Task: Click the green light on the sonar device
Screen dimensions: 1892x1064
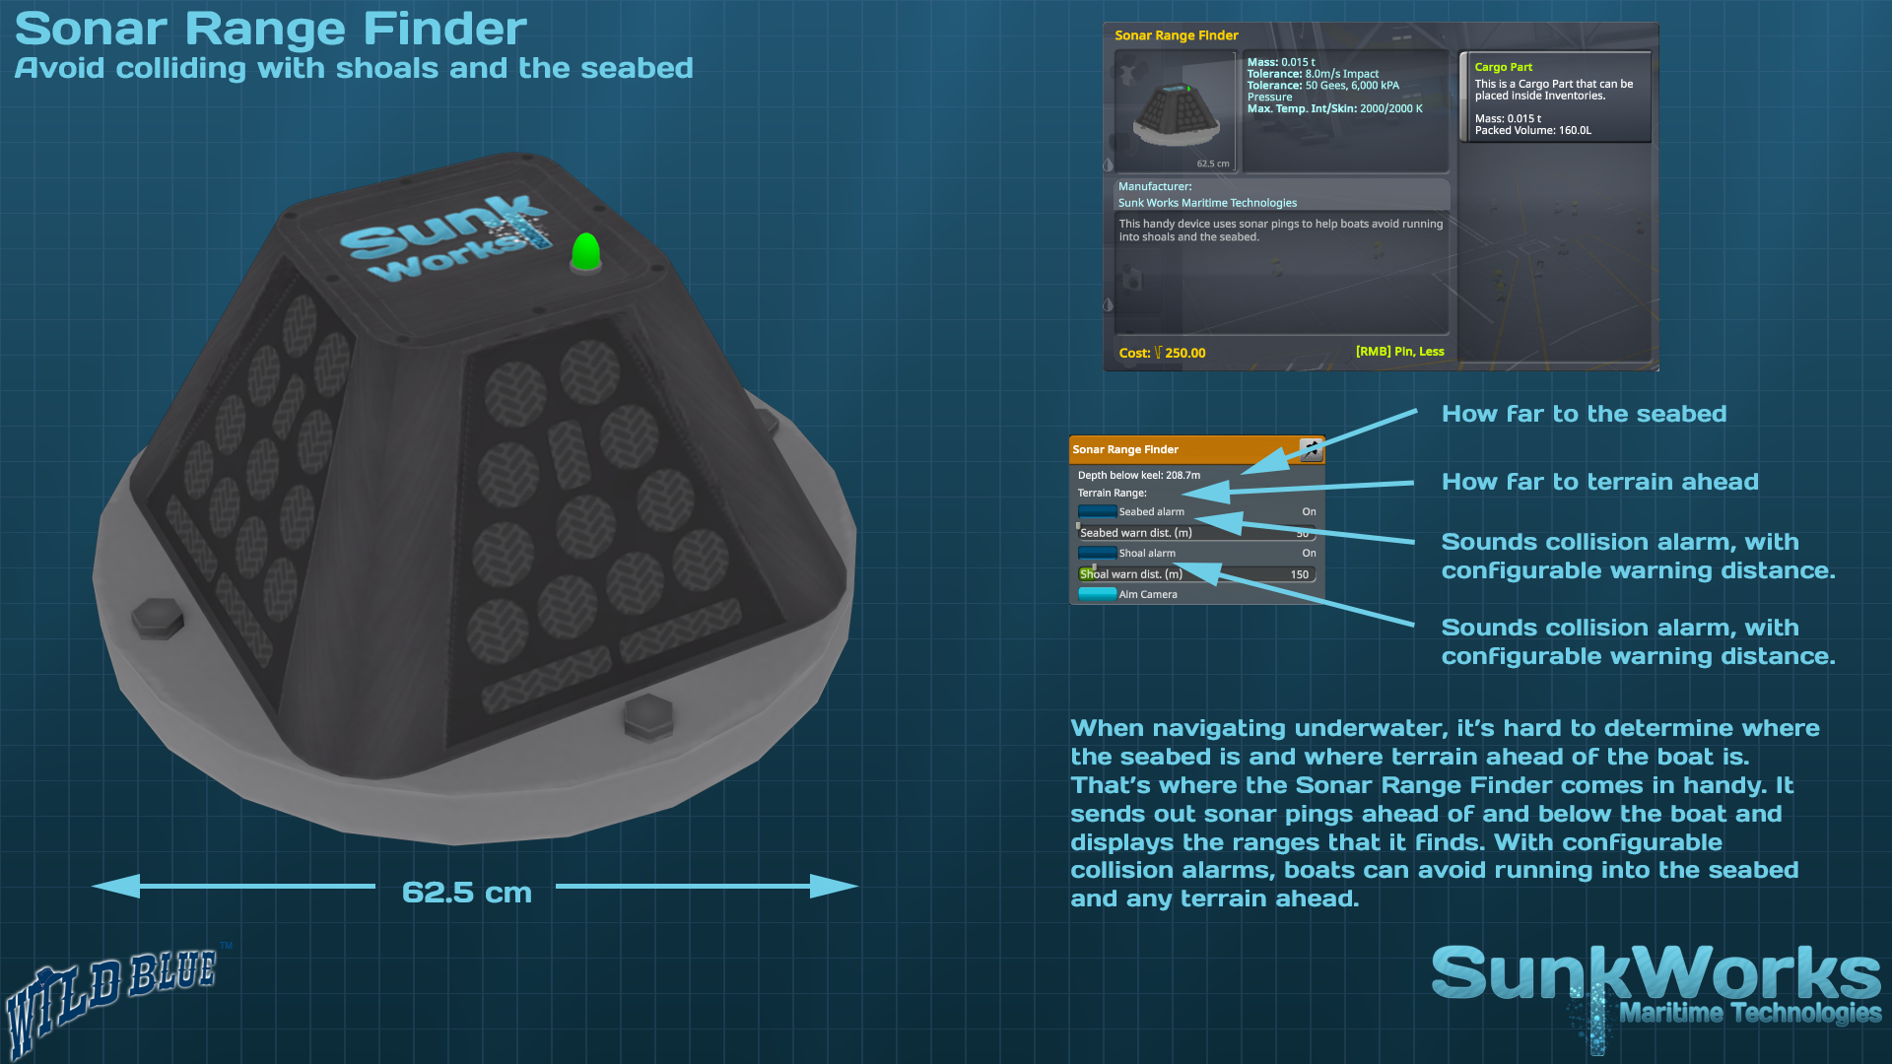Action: [585, 251]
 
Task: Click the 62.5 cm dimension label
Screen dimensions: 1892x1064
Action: [466, 893]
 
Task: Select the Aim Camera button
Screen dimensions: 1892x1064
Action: [1098, 594]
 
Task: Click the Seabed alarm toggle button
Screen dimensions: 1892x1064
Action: [1097, 511]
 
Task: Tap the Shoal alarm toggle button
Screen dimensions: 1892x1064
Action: [1097, 553]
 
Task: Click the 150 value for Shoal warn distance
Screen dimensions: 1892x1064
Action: [1300, 574]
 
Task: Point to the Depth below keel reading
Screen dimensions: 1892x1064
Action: [1138, 475]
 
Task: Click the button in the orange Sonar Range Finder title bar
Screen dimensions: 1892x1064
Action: [1311, 449]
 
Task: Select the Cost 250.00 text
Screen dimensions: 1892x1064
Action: [1162, 353]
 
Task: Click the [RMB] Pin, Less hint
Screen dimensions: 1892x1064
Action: [1399, 352]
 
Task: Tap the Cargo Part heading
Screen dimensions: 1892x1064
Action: [1503, 67]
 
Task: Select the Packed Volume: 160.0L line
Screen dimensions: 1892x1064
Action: [1532, 130]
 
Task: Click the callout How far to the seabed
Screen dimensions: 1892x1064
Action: [1584, 414]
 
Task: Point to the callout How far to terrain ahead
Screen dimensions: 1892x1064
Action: [1599, 482]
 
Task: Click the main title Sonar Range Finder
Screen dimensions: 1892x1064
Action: [271, 29]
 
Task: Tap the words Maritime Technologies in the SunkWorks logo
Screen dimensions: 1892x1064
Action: [1750, 1013]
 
